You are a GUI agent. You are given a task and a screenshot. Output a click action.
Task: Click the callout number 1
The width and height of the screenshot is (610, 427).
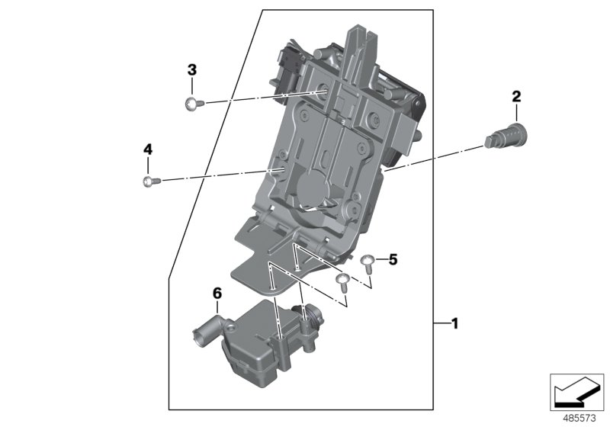point(454,324)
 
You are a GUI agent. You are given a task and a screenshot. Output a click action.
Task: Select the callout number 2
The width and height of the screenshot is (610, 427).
point(516,97)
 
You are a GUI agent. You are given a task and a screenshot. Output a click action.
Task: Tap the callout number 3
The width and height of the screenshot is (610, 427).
point(192,69)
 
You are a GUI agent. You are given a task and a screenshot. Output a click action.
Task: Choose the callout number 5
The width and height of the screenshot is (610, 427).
point(393,260)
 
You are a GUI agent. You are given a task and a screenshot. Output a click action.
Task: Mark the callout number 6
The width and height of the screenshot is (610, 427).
point(217,293)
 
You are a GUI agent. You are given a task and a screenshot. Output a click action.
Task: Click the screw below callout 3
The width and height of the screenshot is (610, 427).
point(191,104)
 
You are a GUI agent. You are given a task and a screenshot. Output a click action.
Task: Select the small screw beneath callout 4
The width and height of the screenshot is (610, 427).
point(149,181)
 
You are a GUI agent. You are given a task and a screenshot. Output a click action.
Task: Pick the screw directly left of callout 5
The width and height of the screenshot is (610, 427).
point(368,262)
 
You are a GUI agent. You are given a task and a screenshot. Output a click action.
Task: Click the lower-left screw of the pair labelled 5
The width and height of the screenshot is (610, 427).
point(343,281)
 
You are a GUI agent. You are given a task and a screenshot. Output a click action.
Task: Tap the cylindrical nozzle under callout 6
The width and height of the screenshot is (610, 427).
point(204,333)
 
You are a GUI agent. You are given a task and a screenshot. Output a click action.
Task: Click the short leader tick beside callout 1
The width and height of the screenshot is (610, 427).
point(440,324)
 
